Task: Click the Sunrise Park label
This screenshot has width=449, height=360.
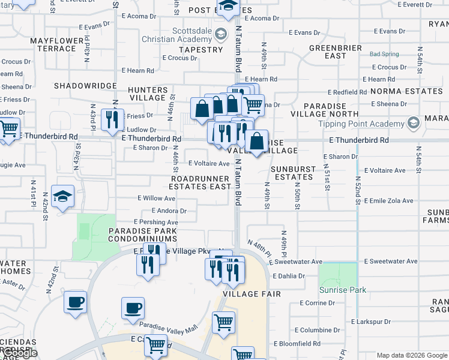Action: [x=349, y=290]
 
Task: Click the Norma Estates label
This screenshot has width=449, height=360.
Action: [x=406, y=91]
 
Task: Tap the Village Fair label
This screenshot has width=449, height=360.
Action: [x=244, y=295]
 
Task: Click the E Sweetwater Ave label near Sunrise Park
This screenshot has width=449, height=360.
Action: [x=391, y=262]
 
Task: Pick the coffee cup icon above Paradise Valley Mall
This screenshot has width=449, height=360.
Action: [x=133, y=308]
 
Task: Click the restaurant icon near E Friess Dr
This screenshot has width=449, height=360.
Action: [x=112, y=119]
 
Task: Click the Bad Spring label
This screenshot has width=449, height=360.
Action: [x=384, y=54]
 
